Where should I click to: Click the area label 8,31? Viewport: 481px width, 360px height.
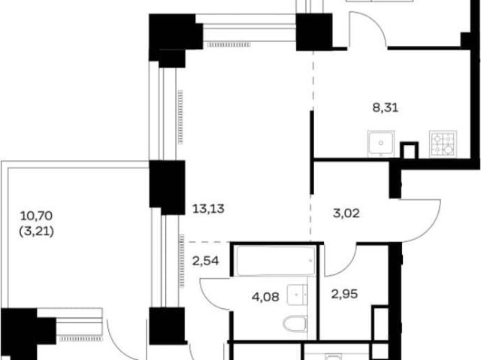pyautogui.click(x=386, y=108)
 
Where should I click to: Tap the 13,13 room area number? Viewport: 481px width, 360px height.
pyautogui.click(x=208, y=209)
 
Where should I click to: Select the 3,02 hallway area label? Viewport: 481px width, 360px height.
pyautogui.click(x=346, y=213)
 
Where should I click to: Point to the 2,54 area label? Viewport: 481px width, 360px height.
pyautogui.click(x=205, y=261)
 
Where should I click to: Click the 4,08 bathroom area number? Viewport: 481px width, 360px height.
pyautogui.click(x=265, y=297)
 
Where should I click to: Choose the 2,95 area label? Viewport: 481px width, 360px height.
pyautogui.click(x=344, y=294)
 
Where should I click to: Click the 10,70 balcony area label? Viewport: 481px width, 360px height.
pyautogui.click(x=36, y=216)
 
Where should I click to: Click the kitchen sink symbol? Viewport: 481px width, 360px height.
pyautogui.click(x=381, y=144)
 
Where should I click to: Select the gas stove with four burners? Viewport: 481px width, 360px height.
pyautogui.click(x=443, y=144)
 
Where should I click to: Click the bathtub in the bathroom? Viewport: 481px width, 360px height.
pyautogui.click(x=276, y=260)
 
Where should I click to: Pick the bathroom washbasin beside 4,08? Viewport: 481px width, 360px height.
pyautogui.click(x=298, y=295)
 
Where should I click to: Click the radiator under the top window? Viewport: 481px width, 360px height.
pyautogui.click(x=229, y=45)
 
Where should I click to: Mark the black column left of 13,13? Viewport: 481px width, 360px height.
pyautogui.click(x=167, y=187)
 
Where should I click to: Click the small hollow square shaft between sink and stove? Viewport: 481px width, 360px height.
pyautogui.click(x=410, y=150)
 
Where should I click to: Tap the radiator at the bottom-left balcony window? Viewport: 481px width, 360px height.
pyautogui.click(x=80, y=339)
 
